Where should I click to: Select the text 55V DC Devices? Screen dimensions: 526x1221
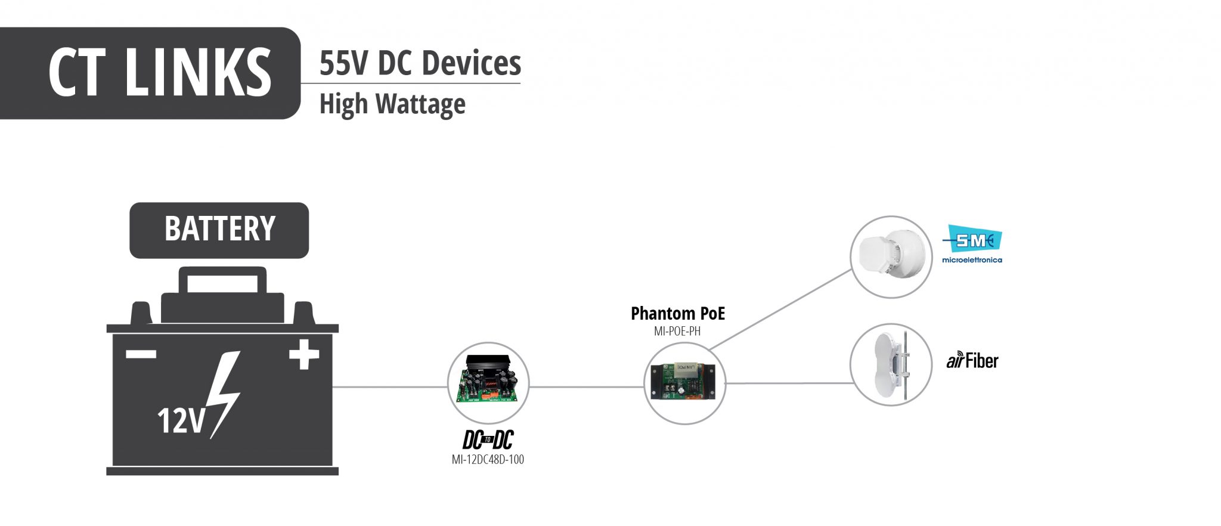coord(420,63)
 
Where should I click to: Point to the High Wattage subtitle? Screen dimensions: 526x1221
coord(392,104)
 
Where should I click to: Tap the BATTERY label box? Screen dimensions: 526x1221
coord(219,230)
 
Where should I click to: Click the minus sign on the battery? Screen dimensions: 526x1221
coord(141,354)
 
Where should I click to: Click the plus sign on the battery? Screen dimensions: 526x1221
coord(304,354)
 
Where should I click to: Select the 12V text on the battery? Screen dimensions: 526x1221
coord(181,420)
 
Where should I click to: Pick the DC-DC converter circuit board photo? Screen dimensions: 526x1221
coord(488,382)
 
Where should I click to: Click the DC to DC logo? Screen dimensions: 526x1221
coord(488,440)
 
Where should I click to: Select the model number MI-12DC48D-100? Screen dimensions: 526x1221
coord(488,460)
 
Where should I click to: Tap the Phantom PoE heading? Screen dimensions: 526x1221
coord(678,314)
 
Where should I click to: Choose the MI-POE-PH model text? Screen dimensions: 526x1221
coord(677,332)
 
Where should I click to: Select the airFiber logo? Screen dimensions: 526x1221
coord(972,361)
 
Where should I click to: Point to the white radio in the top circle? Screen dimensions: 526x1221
coord(891,257)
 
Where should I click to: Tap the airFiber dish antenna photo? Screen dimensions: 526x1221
coord(891,365)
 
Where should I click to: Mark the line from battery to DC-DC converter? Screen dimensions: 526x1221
coord(390,387)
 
